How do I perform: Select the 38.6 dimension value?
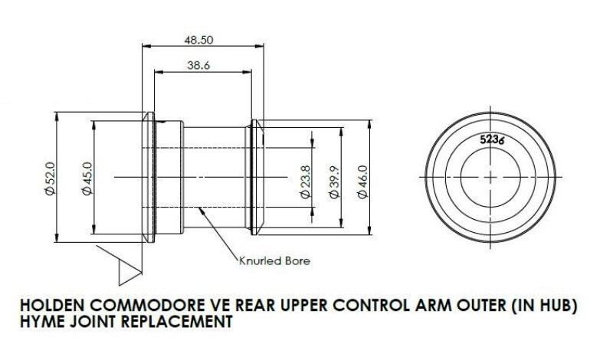tap(198, 66)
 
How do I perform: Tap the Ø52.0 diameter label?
tap(51, 177)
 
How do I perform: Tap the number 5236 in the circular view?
tap(491, 140)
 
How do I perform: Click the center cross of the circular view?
tap(490, 177)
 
